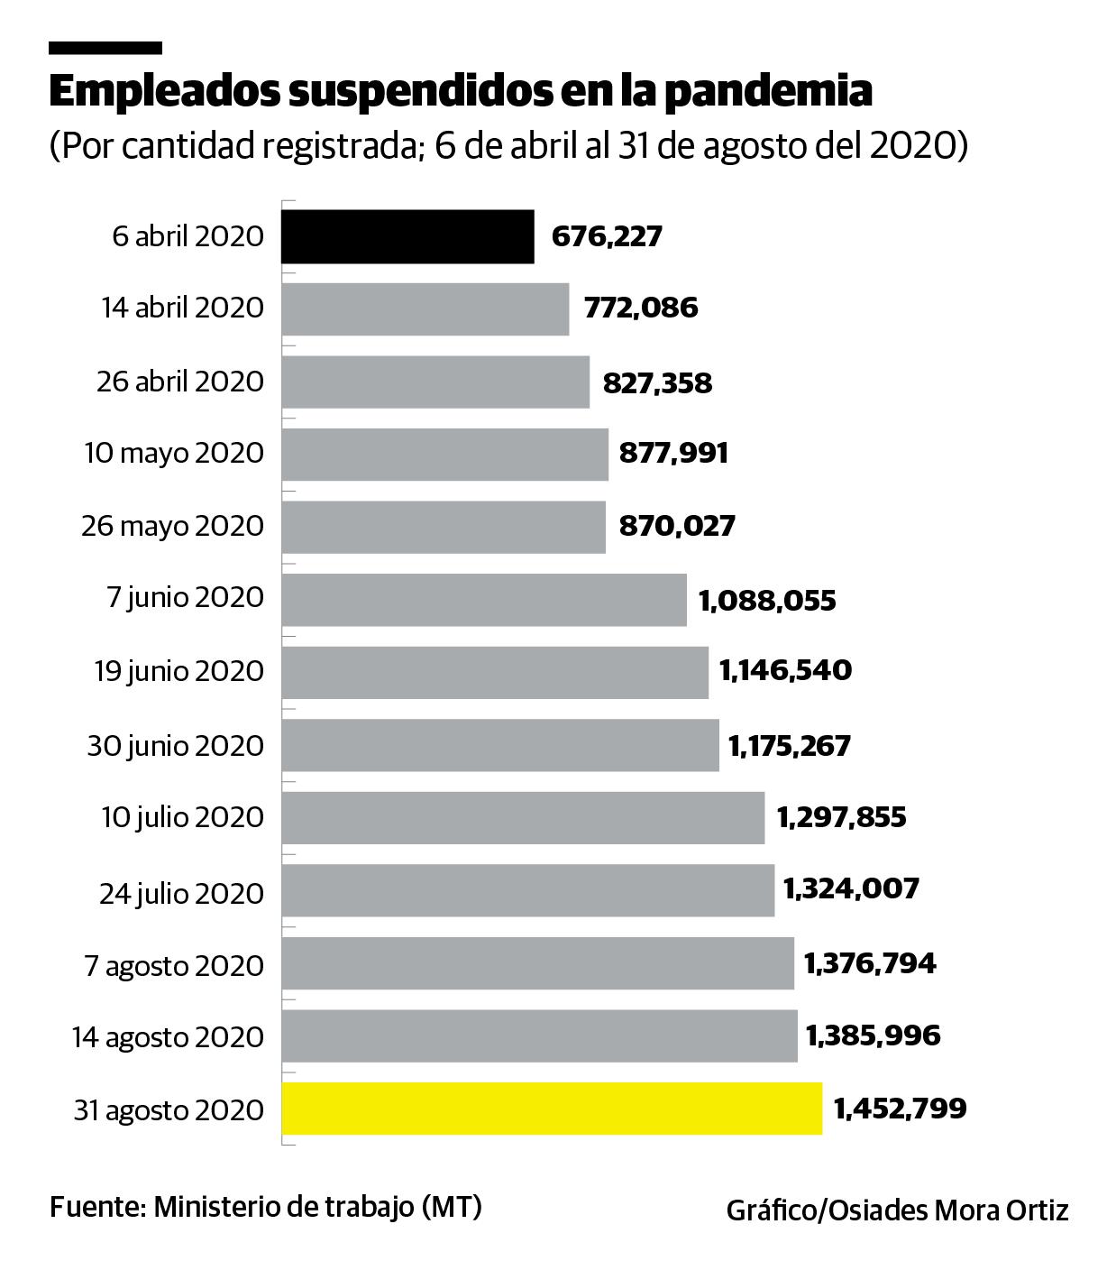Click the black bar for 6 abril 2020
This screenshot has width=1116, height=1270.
pos(407,236)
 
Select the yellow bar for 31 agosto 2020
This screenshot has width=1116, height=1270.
pos(552,1109)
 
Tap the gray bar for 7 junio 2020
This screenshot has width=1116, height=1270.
pos(484,600)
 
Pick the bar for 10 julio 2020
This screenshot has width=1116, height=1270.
pos(523,818)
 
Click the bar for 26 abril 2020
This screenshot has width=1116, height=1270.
pos(435,382)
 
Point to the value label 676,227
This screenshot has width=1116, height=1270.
pos(607,236)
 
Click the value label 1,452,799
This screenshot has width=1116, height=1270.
pos(900,1108)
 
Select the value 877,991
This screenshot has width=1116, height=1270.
pos(673,453)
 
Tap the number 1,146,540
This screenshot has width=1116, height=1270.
pos(785,671)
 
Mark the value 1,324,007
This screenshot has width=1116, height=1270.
pos(851,889)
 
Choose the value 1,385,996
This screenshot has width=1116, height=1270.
pos(873,1035)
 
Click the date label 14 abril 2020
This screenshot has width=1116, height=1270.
pos(182,308)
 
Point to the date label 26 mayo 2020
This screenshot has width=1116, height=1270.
pos(172,526)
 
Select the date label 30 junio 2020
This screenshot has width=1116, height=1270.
pos(176,746)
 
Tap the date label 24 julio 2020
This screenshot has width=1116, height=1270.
pos(181,893)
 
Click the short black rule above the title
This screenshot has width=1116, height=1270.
pos(105,48)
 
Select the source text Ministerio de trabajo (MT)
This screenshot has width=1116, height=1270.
pos(317,1207)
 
